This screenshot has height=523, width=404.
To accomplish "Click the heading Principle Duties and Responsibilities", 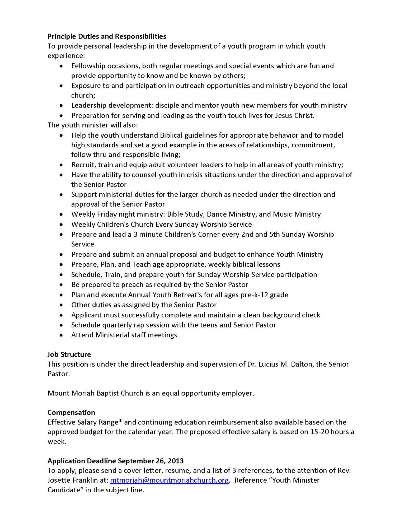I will [x=107, y=36].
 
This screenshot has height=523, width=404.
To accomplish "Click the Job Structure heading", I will [x=69, y=354].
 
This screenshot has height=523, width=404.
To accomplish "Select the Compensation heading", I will [x=71, y=412].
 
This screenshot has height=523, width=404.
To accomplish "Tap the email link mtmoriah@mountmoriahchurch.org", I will [x=169, y=480].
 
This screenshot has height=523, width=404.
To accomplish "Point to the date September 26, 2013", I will [x=151, y=461].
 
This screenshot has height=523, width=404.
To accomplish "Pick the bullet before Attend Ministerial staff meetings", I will [x=61, y=335].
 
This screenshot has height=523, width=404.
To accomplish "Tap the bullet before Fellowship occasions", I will [x=61, y=66].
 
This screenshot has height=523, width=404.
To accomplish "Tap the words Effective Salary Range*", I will [x=84, y=422].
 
